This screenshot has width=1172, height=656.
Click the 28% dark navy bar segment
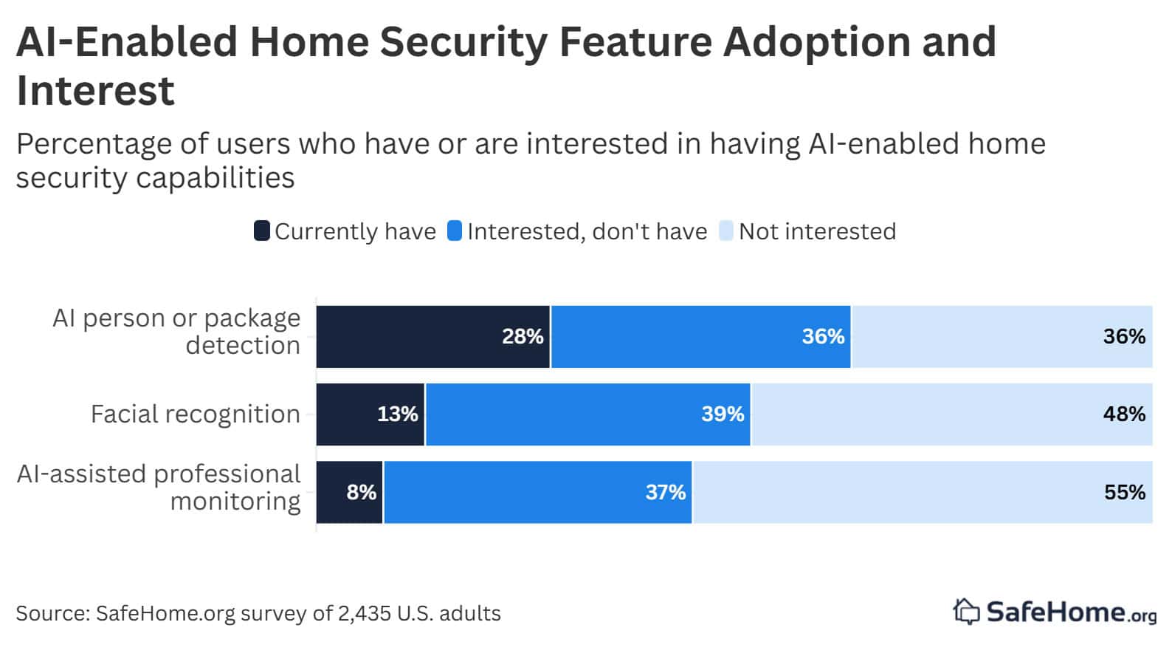click(432, 337)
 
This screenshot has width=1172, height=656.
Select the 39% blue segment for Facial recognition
click(587, 414)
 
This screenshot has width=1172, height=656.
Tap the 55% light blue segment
click(923, 493)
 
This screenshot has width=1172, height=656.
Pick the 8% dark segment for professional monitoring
click(350, 493)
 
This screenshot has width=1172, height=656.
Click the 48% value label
click(1123, 414)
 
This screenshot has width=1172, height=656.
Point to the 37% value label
click(665, 493)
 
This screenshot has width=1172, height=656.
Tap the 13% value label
click(397, 414)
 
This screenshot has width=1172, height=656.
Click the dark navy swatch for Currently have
click(261, 231)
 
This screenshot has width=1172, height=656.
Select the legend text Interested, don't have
click(587, 232)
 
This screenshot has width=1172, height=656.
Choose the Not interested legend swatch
click(725, 231)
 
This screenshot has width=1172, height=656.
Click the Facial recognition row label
click(195, 414)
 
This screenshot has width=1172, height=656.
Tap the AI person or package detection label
click(177, 332)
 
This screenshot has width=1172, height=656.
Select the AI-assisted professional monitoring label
click(159, 488)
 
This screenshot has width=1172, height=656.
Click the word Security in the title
click(463, 41)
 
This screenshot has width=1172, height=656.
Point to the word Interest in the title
click(95, 91)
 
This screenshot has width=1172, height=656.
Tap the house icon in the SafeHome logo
click(965, 612)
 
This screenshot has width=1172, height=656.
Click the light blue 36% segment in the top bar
click(1002, 337)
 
